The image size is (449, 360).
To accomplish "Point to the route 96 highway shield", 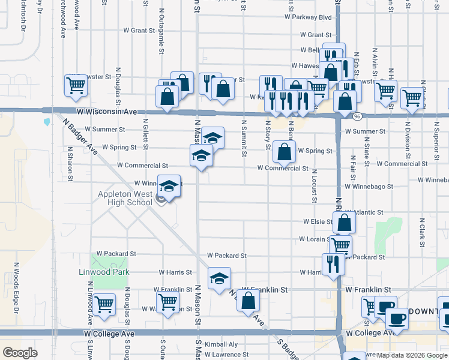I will [357, 116].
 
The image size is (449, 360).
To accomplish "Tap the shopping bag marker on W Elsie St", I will [345, 222].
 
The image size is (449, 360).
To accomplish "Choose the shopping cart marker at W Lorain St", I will [340, 245].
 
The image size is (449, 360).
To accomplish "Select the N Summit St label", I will [244, 138].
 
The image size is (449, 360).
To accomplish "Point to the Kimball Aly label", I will [221, 344].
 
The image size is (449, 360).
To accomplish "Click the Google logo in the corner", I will [20, 353].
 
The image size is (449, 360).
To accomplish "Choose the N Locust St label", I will [314, 186].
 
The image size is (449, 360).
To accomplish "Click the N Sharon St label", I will [70, 164].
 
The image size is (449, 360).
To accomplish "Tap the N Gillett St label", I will [146, 131].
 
